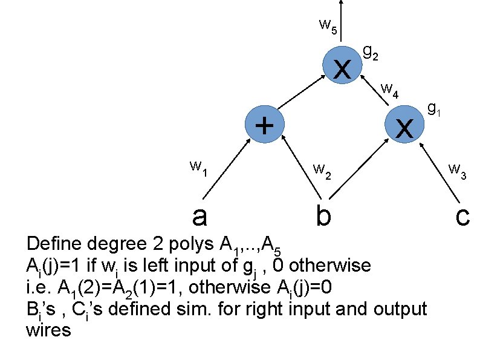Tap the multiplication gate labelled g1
click(404, 126)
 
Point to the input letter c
click(462, 215)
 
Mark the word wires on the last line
click(49, 330)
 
